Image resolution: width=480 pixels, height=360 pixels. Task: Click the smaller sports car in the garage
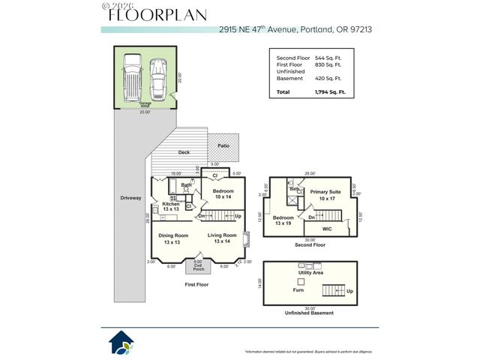(x=158, y=76)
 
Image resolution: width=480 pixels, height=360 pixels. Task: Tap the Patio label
(x=223, y=145)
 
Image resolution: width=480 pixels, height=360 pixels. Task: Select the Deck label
(x=184, y=152)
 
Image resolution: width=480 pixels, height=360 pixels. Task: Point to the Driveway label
(x=130, y=198)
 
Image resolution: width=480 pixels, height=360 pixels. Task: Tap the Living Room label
(x=222, y=238)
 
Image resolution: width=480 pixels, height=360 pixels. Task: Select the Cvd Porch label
(x=198, y=267)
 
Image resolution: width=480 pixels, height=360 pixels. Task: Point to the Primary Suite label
(x=325, y=195)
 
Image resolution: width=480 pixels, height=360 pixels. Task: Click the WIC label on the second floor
(x=327, y=228)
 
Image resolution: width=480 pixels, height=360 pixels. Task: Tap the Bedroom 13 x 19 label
(x=283, y=220)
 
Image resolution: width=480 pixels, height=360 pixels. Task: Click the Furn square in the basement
(x=301, y=281)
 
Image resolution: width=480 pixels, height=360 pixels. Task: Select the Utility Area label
(x=310, y=273)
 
